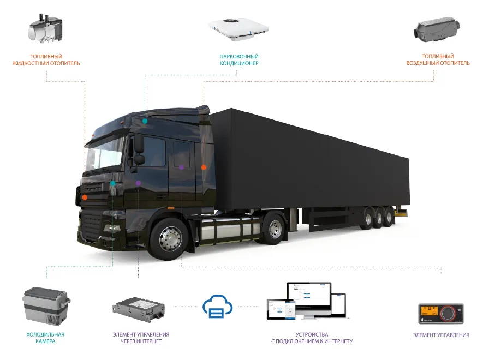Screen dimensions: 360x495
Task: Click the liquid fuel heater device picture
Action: [45, 29]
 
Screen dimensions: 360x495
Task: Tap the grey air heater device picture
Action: [438, 29]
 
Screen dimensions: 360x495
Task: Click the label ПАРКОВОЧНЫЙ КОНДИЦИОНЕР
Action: [238, 60]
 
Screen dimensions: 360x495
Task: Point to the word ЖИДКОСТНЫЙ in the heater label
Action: [31, 63]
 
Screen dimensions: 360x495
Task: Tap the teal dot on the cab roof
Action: [145, 121]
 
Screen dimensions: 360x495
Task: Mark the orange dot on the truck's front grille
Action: [85, 197]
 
